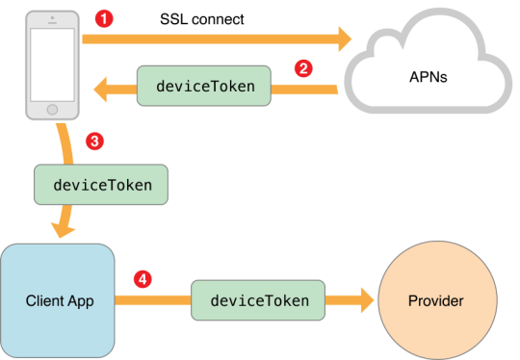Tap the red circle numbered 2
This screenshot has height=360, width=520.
(303, 68)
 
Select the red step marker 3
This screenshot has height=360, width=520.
(94, 141)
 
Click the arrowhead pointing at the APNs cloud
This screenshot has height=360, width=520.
(341, 39)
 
